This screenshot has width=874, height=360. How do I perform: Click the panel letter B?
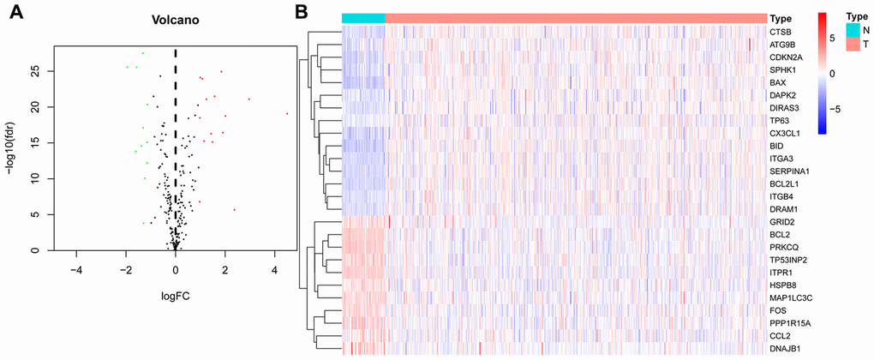click(x=302, y=12)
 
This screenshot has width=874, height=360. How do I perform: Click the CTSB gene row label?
click(x=780, y=32)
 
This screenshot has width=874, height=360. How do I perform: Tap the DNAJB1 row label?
click(x=785, y=348)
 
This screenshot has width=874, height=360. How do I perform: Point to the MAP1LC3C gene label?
click(x=790, y=297)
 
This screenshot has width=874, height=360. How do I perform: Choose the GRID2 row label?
click(x=781, y=221)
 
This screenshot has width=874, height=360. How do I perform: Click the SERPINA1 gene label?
click(x=789, y=171)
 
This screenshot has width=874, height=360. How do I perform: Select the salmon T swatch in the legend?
click(x=852, y=44)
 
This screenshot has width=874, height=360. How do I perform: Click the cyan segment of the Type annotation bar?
click(x=363, y=18)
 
